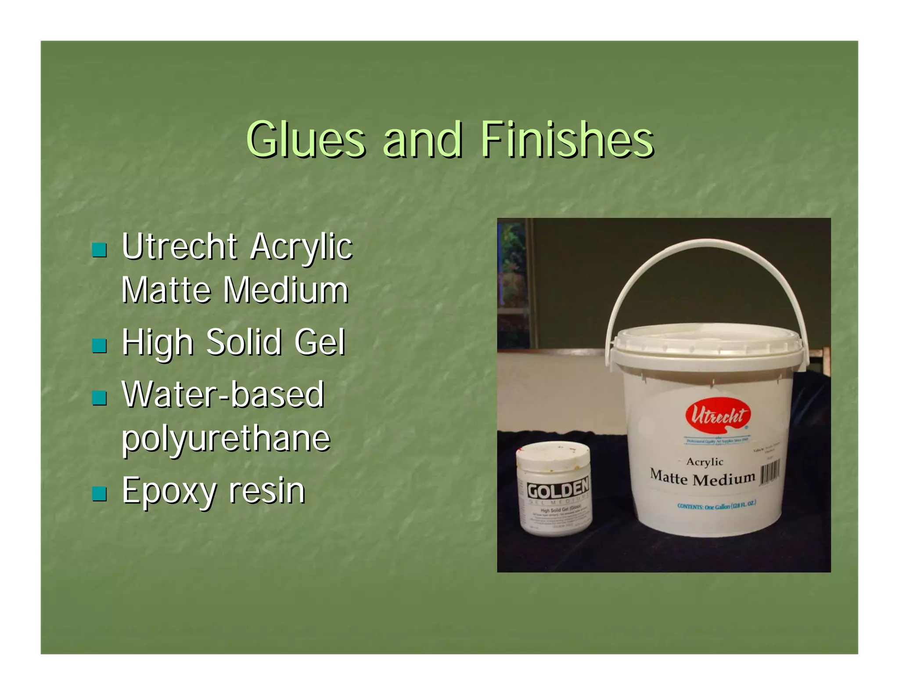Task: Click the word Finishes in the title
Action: coord(567,140)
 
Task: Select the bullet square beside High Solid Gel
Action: coord(99,346)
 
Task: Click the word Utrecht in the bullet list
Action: coord(180,247)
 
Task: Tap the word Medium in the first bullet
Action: coord(286,290)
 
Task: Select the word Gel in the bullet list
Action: coord(320,342)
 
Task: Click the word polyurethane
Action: coord(226,439)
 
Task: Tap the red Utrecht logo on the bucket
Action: coord(718,415)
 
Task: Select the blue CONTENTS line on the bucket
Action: coord(716,505)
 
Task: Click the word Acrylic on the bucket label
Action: coord(705,462)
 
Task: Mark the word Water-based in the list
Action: coord(223,395)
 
